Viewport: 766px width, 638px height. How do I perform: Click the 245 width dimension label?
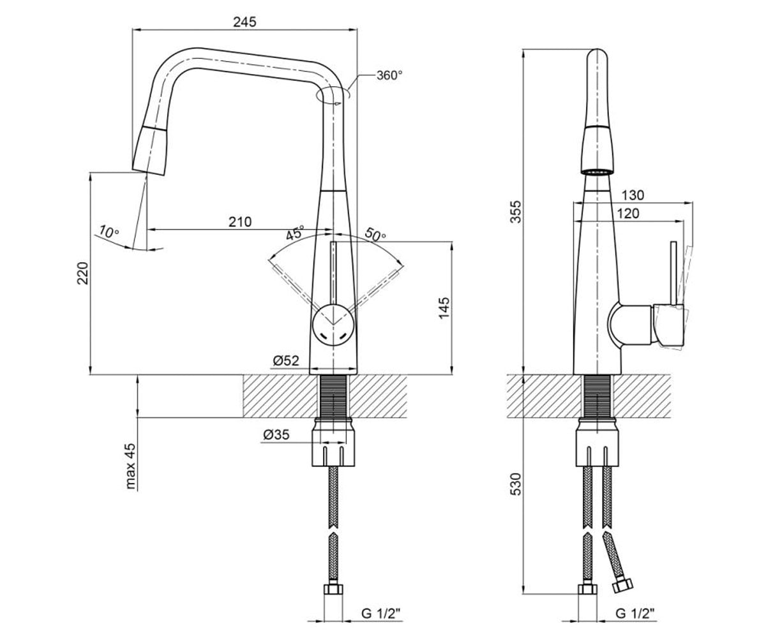244,22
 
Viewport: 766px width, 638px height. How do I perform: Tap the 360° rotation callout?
389,75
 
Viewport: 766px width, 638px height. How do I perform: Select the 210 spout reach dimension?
240,222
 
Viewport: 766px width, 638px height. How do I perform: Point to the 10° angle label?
109,232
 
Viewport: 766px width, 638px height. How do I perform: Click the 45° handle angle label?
296,232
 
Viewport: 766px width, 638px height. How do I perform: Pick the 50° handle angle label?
375,235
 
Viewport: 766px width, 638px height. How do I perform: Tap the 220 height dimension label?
83,273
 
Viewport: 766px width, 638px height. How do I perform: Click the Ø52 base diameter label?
286,361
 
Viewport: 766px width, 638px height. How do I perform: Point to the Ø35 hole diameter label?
276,435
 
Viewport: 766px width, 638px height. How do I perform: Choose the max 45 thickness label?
131,466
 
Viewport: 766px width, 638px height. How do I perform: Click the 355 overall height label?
516,211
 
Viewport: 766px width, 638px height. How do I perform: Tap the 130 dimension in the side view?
633,195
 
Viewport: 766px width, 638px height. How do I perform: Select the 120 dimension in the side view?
628,213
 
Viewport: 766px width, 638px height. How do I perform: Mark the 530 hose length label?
516,484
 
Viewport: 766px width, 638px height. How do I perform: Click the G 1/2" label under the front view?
380,613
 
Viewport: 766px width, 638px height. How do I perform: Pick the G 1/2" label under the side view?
635,613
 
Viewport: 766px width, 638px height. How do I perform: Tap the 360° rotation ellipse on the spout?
333,95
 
